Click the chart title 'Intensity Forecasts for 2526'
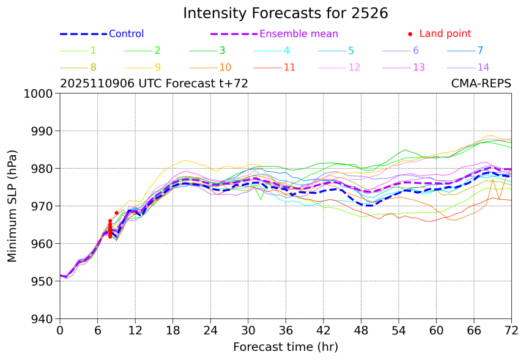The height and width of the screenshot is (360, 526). (286, 13)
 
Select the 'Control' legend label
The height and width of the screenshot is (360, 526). (126, 34)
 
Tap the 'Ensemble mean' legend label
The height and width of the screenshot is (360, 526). (298, 34)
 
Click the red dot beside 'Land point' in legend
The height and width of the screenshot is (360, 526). (410, 34)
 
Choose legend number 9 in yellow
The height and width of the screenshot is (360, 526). (157, 67)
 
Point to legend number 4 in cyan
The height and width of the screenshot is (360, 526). (286, 51)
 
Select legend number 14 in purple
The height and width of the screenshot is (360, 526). (483, 67)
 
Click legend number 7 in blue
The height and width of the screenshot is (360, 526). (480, 51)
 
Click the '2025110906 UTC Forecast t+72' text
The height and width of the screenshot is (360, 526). (154, 84)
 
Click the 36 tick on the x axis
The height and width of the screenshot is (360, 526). (286, 331)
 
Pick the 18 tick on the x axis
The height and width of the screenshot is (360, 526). (173, 331)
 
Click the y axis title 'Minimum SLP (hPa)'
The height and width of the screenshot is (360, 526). (13, 206)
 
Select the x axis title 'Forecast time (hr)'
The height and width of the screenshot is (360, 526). (286, 347)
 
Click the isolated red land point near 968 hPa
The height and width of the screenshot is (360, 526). (116, 213)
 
